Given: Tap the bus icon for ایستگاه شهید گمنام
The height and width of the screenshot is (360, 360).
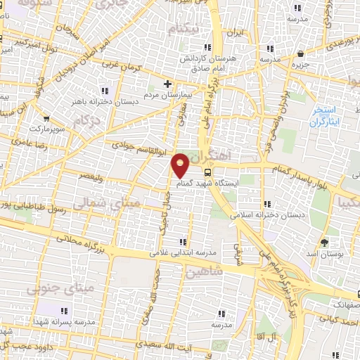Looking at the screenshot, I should (208, 172).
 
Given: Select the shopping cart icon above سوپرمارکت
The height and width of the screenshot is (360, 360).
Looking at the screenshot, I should (46, 119).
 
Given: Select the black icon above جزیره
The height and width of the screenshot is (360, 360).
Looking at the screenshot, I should (301, 53).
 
